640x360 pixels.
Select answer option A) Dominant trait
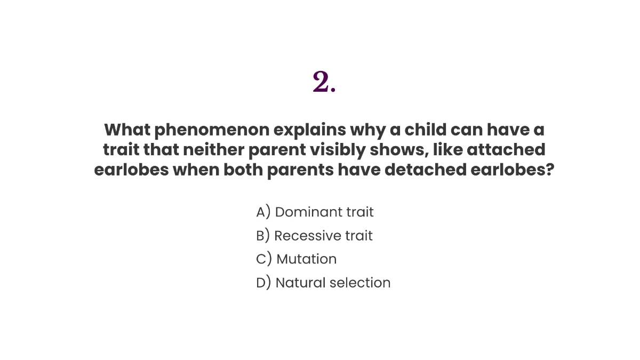point(315,212)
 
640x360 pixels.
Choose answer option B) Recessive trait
point(314,236)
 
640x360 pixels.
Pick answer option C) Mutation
point(296,259)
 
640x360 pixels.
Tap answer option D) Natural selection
point(323,283)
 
